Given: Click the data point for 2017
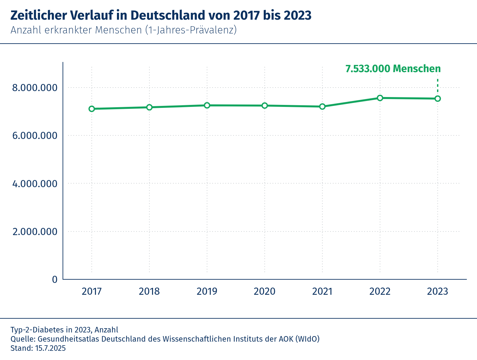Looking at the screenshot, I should click(92, 109).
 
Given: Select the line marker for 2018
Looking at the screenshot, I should click(149, 107).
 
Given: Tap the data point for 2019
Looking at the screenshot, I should click(207, 105).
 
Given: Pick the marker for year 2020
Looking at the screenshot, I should click(265, 106).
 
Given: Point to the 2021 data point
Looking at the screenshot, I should click(322, 107).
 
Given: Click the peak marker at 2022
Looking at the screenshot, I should click(380, 98).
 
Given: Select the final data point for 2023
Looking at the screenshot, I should click(438, 99).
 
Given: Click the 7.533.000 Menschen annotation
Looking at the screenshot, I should click(393, 69).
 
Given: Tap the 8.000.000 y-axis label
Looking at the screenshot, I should click(35, 88).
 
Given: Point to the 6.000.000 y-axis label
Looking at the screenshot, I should click(35, 136).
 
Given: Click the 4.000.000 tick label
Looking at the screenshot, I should click(35, 184).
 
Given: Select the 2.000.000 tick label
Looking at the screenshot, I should click(35, 231).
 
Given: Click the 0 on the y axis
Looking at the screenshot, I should click(55, 279).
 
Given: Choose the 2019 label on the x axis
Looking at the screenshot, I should click(207, 291).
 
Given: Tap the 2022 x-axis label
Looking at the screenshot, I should click(380, 291).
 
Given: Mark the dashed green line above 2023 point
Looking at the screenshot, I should click(438, 86).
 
